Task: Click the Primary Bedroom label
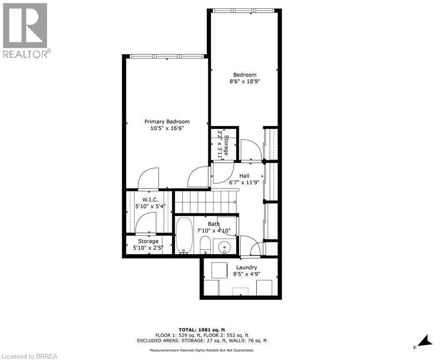167,122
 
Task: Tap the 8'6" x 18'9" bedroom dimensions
244,81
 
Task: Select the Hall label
244,176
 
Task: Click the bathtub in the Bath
184,235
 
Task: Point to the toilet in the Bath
205,244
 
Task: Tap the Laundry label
246,268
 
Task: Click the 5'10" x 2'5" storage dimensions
148,247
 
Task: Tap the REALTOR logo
25,30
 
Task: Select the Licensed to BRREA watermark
29,356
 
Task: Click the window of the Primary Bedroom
167,56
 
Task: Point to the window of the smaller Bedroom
244,10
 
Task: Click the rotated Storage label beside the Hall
226,144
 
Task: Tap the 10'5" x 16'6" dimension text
167,128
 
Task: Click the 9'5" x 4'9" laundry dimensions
246,274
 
